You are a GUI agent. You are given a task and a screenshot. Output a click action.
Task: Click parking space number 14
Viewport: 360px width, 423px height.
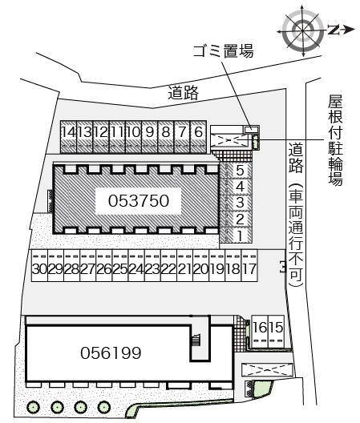pyautogui.click(x=68, y=137)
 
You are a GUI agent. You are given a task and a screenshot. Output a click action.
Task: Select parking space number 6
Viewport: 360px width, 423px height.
pyautogui.click(x=199, y=137)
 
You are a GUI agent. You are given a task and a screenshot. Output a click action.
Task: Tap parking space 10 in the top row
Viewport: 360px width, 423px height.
pyautogui.click(x=133, y=137)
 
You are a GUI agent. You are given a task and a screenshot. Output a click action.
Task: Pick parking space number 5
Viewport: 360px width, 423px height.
pyautogui.click(x=236, y=171)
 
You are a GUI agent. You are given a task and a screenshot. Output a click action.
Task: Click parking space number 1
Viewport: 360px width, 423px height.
pyautogui.click(x=236, y=236)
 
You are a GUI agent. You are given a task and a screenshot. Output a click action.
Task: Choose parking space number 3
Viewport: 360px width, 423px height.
pyautogui.click(x=236, y=203)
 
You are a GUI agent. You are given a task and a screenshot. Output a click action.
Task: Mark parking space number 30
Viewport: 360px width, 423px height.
pyautogui.click(x=40, y=266)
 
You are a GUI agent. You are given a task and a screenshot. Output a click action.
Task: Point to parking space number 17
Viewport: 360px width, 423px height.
pyautogui.click(x=249, y=266)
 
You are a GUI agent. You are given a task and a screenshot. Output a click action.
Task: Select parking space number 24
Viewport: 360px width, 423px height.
pyautogui.click(x=136, y=266)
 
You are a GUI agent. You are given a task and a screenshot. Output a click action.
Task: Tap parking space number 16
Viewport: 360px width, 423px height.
pyautogui.click(x=260, y=332)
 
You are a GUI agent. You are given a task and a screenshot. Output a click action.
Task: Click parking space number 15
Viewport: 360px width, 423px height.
pyautogui.click(x=277, y=332)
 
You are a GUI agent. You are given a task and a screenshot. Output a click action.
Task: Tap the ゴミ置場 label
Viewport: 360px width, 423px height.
pyautogui.click(x=224, y=50)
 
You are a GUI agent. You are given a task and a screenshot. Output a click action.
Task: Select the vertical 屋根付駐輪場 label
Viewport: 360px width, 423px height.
pyautogui.click(x=336, y=140)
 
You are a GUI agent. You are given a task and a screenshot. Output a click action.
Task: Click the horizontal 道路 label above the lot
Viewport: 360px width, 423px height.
pyautogui.click(x=184, y=93)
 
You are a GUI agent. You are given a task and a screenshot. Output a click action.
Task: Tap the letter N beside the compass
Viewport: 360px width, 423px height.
pyautogui.click(x=334, y=30)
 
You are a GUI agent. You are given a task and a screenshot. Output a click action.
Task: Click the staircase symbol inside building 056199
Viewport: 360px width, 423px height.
pyautogui.click(x=196, y=340)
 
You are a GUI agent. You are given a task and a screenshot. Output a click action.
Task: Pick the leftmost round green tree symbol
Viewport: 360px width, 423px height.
pyautogui.click(x=33, y=407)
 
